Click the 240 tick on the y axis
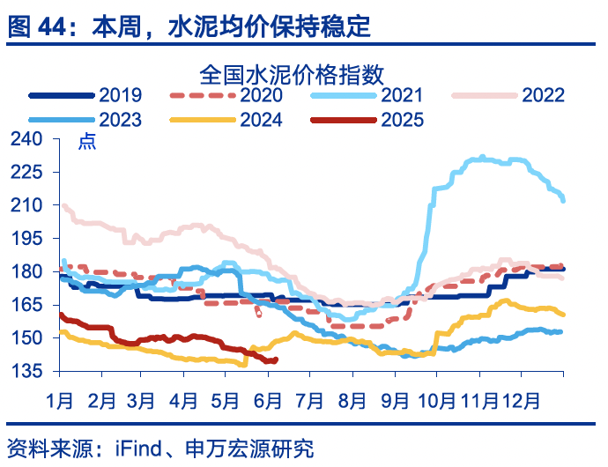pos(27,139)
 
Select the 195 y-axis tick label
pos(27,238)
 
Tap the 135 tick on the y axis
pos(27,371)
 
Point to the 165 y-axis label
pos(27,305)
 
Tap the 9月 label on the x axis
pos(395,401)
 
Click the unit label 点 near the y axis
pos(87,141)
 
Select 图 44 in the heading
pos(32,27)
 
